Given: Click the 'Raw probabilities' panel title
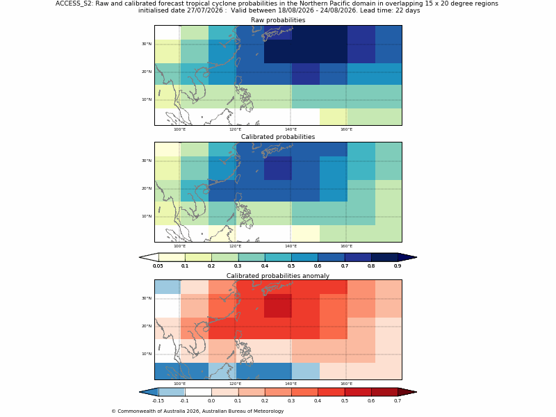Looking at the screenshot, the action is pyautogui.click(x=278, y=20).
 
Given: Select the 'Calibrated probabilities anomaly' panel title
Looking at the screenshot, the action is pyautogui.click(x=278, y=276).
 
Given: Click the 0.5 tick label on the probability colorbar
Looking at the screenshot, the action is pyautogui.click(x=291, y=266).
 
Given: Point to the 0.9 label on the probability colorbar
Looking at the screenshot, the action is pyautogui.click(x=398, y=266).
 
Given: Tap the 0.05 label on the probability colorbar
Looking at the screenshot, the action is pyautogui.click(x=158, y=266).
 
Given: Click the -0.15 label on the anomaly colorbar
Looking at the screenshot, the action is pyautogui.click(x=158, y=401).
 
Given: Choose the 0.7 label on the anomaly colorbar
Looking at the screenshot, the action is pyautogui.click(x=398, y=401).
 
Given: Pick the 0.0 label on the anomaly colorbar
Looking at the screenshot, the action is pyautogui.click(x=211, y=401).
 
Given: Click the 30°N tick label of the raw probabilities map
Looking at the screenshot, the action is pyautogui.click(x=147, y=44).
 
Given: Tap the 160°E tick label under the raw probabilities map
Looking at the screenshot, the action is pyautogui.click(x=346, y=129).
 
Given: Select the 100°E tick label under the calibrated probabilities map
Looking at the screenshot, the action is pyautogui.click(x=179, y=246).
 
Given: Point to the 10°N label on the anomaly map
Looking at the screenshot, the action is pyautogui.click(x=147, y=354).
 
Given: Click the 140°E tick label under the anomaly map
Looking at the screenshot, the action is pyautogui.click(x=291, y=384).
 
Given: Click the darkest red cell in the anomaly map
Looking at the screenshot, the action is pyautogui.click(x=278, y=306).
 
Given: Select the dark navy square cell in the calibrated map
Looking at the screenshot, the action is pyautogui.click(x=278, y=168).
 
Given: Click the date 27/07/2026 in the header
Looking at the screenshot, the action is pyautogui.click(x=205, y=10).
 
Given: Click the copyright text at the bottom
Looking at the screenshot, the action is pyautogui.click(x=197, y=411).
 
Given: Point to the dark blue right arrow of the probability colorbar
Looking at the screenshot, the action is pyautogui.click(x=407, y=257).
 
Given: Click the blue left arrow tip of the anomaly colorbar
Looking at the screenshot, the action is pyautogui.click(x=140, y=392).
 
